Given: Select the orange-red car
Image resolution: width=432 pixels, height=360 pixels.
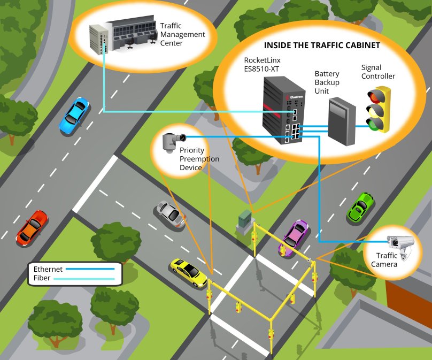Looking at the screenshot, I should pos(32,227).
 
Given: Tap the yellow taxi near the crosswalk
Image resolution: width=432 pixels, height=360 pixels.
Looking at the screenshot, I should pos(188,272).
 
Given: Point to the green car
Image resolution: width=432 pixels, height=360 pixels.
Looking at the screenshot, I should pos(360,207).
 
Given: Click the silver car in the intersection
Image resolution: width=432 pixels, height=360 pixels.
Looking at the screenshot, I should pos(171,213).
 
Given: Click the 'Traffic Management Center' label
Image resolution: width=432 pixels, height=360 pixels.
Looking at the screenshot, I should pos(182,34).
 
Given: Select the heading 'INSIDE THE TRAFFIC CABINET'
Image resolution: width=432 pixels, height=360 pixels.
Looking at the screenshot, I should pos(322,45).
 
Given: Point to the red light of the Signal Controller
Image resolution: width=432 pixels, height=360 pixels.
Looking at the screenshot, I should pos(376,96).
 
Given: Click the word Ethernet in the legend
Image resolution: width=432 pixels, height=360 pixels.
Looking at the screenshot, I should pos(48,269).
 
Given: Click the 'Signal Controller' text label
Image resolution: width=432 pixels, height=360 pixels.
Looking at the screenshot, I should pos(377,72).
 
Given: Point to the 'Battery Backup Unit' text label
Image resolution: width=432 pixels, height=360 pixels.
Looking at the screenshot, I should pos(327,82).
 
